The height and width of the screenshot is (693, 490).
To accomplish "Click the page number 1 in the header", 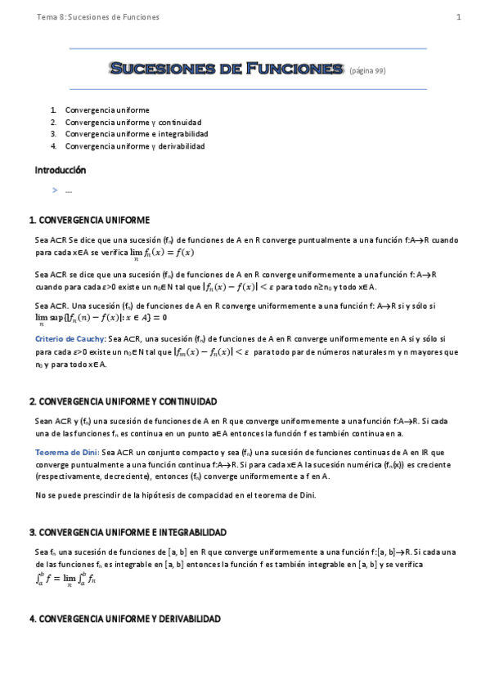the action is (459, 17).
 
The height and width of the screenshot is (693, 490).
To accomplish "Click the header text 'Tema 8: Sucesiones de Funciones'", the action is (98, 17).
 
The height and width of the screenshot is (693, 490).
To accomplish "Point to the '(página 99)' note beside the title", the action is (367, 71).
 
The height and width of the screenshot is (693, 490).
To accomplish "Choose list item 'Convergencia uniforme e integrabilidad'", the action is (137, 134).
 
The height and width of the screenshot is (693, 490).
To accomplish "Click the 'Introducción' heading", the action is (61, 171).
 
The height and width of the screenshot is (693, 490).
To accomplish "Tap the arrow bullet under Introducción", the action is (55, 190).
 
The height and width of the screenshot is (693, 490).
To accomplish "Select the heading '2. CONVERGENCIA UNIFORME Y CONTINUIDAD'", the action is (124, 402).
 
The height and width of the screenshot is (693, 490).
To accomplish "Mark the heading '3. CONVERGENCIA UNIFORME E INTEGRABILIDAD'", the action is (128, 532).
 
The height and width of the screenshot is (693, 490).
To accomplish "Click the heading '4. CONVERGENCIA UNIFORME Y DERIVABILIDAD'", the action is (125, 620).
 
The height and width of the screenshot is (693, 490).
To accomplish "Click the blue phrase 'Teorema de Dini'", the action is (67, 452).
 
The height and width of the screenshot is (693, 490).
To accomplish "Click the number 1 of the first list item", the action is (52, 110).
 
